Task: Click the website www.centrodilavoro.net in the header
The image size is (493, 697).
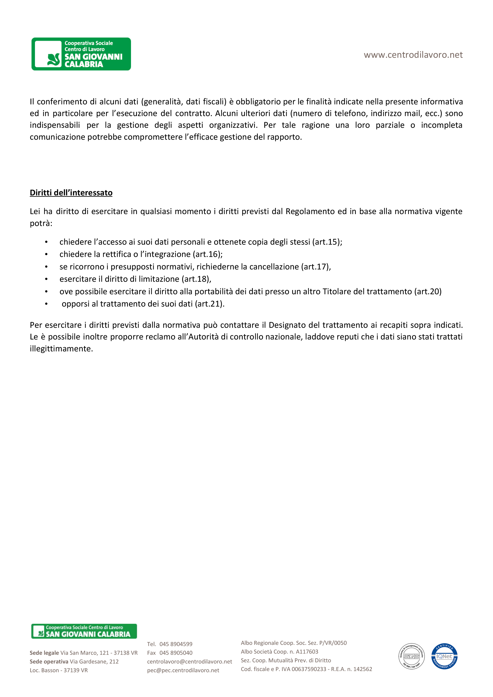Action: (x=413, y=55)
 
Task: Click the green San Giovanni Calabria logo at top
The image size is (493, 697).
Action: (x=81, y=54)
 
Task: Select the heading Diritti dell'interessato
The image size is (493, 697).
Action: (x=71, y=193)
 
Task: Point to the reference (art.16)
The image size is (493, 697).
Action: (x=207, y=254)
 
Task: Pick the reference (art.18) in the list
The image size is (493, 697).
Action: (x=196, y=279)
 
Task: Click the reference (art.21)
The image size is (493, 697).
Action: (x=209, y=304)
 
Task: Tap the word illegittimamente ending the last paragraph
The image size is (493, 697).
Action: (x=61, y=348)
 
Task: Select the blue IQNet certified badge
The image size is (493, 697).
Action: (x=444, y=656)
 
